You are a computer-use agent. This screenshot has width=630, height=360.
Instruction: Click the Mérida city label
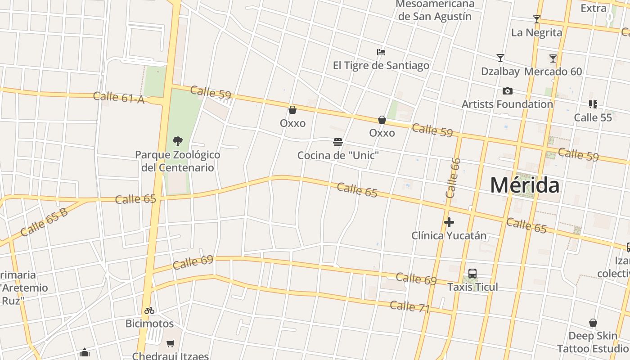click(525, 185)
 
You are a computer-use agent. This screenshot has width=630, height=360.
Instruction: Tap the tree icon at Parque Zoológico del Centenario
click(178, 141)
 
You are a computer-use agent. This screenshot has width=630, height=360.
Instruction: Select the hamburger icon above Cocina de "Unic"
click(338, 143)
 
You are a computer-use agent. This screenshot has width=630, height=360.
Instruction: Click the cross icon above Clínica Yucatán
click(449, 222)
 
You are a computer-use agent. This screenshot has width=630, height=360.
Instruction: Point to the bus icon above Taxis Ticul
click(472, 274)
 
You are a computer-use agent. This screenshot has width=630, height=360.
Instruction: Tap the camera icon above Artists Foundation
click(507, 91)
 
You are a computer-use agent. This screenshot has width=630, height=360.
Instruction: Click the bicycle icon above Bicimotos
click(149, 310)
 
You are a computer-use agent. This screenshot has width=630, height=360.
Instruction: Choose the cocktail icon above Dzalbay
click(500, 58)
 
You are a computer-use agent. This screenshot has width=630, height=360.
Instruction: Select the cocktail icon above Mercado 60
click(553, 58)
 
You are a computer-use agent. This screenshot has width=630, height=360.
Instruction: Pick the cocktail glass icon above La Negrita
click(536, 19)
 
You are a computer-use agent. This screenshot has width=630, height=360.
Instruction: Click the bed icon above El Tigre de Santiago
click(381, 52)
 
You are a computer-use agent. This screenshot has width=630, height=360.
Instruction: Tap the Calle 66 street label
click(453, 178)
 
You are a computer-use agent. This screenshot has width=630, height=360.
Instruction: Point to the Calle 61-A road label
click(119, 97)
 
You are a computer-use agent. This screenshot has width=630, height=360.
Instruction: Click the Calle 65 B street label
click(44, 222)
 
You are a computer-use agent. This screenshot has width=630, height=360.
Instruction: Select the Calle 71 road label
click(410, 307)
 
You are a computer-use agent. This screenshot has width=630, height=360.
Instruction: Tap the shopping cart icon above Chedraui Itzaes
click(170, 344)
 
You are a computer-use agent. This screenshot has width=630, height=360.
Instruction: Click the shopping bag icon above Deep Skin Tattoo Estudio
click(593, 323)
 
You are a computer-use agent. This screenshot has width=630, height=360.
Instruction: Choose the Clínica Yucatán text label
click(449, 235)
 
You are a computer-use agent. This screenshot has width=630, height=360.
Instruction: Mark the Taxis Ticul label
click(472, 287)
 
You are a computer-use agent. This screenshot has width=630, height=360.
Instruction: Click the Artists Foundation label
click(507, 104)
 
